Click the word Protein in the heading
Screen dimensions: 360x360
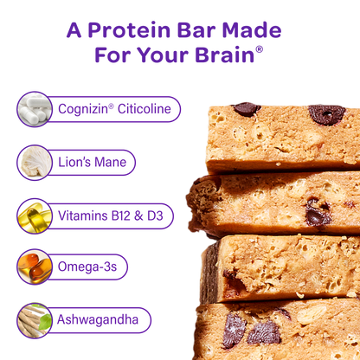[129, 30]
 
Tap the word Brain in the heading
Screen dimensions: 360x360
[224, 55]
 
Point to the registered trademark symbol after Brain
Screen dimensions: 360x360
[259, 49]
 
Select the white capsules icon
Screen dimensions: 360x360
[35, 109]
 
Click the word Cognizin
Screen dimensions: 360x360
[83, 109]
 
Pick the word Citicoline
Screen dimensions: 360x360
[145, 109]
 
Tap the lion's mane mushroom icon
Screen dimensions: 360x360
[35, 163]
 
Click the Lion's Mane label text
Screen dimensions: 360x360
[93, 162]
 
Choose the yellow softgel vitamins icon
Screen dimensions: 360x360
[35, 215]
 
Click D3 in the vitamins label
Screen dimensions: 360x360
[155, 215]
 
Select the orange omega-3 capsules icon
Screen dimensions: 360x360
[35, 267]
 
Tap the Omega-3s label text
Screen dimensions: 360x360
[87, 267]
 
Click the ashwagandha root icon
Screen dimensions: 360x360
[35, 320]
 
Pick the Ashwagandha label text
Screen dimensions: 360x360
[98, 319]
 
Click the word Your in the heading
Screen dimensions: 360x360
[163, 55]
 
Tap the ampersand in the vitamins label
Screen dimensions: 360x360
[138, 216]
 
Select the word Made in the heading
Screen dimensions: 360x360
[252, 30]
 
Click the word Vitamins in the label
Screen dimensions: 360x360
[83, 215]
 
